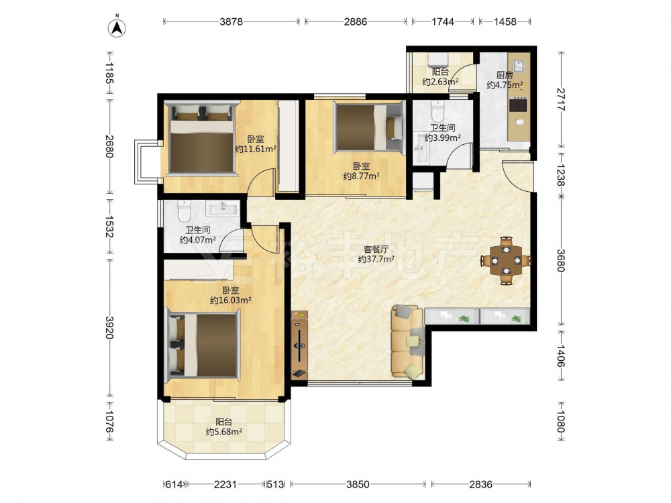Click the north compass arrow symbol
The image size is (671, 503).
[116, 27]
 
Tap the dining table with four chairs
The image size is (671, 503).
[506, 260]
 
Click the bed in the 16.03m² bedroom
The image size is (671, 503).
[203, 345]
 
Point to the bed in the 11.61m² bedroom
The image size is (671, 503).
[202, 138]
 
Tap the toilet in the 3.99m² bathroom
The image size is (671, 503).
[437, 111]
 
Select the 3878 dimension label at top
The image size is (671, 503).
[231, 21]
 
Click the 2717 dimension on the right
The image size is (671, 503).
[561, 99]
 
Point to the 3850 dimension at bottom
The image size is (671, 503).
[358, 484]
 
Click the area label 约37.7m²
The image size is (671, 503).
[376, 259]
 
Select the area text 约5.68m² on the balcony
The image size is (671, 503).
[224, 432]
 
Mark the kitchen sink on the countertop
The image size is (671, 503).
[519, 66]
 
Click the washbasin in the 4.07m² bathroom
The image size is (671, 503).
[223, 208]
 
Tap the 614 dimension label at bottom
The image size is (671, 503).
[174, 484]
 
